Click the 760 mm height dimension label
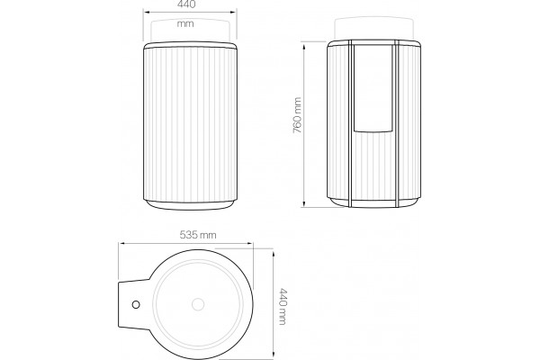(x=297, y=115)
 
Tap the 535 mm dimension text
(x=198, y=235)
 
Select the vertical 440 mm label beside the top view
(x=283, y=306)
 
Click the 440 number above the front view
(x=186, y=4)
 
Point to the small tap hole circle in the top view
(x=136, y=304)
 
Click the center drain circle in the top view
(x=198, y=304)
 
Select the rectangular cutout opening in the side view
(x=373, y=88)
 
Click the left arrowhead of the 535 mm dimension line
(x=121, y=244)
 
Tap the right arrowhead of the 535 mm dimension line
(x=251, y=244)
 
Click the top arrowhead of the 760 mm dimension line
(x=304, y=44)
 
